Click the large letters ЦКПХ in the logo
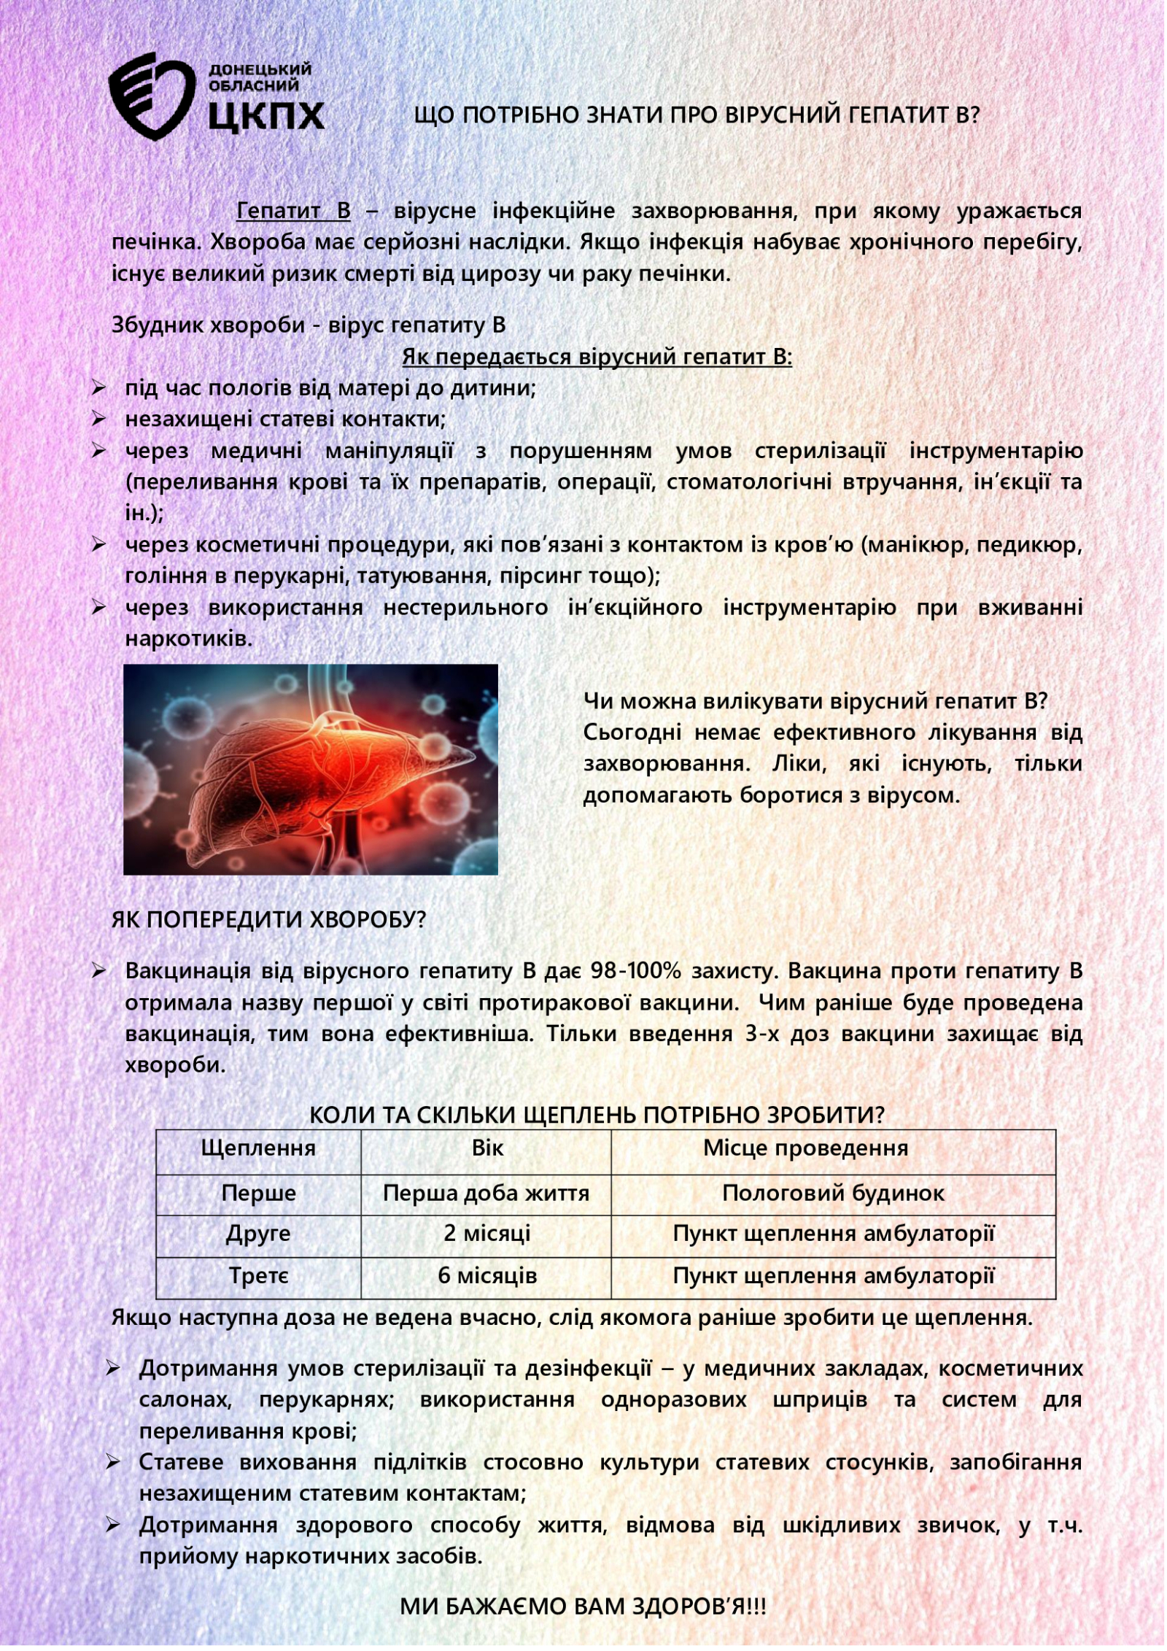pyautogui.click(x=266, y=115)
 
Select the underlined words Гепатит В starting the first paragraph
pyautogui.click(x=293, y=211)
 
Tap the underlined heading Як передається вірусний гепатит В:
pyautogui.click(x=597, y=357)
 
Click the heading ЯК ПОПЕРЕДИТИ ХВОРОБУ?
pyautogui.click(x=268, y=919)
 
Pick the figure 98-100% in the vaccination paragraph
pyautogui.click(x=635, y=971)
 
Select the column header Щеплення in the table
pyautogui.click(x=258, y=1148)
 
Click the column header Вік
pyautogui.click(x=487, y=1148)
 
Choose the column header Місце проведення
pyautogui.click(x=805, y=1148)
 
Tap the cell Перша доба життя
pyautogui.click(x=486, y=1193)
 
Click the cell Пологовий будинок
pyautogui.click(x=833, y=1193)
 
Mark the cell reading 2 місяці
pyautogui.click(x=486, y=1233)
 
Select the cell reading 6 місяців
pyautogui.click(x=487, y=1275)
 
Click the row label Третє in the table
pyautogui.click(x=258, y=1275)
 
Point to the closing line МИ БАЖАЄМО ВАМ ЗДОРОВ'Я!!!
pyautogui.click(x=583, y=1606)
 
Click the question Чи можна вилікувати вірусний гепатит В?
pyautogui.click(x=815, y=701)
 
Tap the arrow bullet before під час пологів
pyautogui.click(x=99, y=387)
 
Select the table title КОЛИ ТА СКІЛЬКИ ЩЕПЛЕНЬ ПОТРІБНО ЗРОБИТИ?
pyautogui.click(x=597, y=1115)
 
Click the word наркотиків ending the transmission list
pyautogui.click(x=188, y=639)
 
